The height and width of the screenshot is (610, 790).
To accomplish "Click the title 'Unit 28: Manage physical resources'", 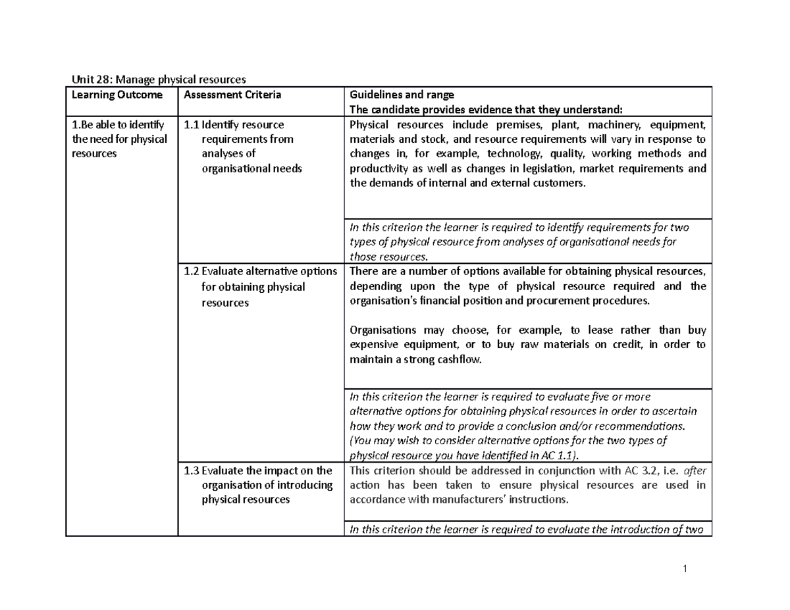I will pyautogui.click(x=158, y=80).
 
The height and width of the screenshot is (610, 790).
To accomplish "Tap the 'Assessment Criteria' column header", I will pyautogui.click(x=232, y=95).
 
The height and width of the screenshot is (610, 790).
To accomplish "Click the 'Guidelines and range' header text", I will pyautogui.click(x=402, y=95).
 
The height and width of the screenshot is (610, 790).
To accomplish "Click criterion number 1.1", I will pyautogui.click(x=192, y=124).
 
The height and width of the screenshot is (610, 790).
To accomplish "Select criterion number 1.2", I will pyautogui.click(x=192, y=272).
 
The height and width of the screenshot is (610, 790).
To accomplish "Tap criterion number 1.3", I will pyautogui.click(x=192, y=470).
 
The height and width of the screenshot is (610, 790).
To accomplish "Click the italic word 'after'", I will pyautogui.click(x=695, y=470).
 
